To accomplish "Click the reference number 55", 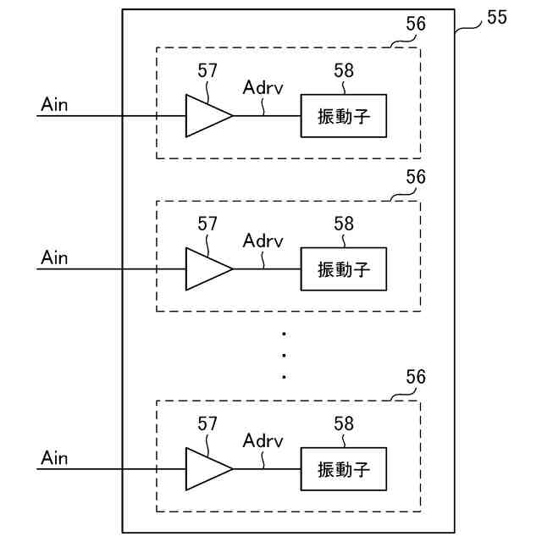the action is pos(497,17).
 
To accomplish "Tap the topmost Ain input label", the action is pos(54,104).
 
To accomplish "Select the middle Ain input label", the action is pos(54,257).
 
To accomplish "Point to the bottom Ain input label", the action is pos(54,457).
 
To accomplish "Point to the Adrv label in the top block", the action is pos(263,87).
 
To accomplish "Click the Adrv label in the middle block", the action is pos(263,241).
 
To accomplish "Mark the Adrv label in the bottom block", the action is pos(263,440).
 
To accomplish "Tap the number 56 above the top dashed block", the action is pos(416,24).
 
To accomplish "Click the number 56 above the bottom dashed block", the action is pos(416,377).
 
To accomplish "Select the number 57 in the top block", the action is pos(207,70).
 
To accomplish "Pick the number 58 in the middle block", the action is pos(344,224).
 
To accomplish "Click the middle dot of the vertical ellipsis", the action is pos(285,356).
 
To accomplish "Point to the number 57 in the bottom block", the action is pos(207,423).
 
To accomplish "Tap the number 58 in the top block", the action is pos(344,70).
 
